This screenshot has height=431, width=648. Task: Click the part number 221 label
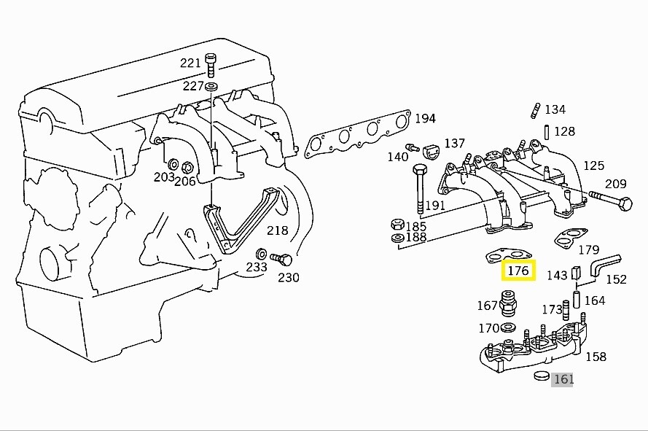190,63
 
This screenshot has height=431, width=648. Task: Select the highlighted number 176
518,271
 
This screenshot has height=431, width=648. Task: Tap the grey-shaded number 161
563,379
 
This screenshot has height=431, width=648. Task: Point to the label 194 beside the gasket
425,118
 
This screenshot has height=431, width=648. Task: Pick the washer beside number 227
211,88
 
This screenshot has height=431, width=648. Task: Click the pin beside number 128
546,132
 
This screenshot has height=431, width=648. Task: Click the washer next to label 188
398,238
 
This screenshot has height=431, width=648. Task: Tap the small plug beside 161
541,376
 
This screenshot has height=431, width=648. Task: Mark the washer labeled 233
260,254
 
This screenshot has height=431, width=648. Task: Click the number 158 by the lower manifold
596,357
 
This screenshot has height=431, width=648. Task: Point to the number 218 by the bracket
277,231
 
